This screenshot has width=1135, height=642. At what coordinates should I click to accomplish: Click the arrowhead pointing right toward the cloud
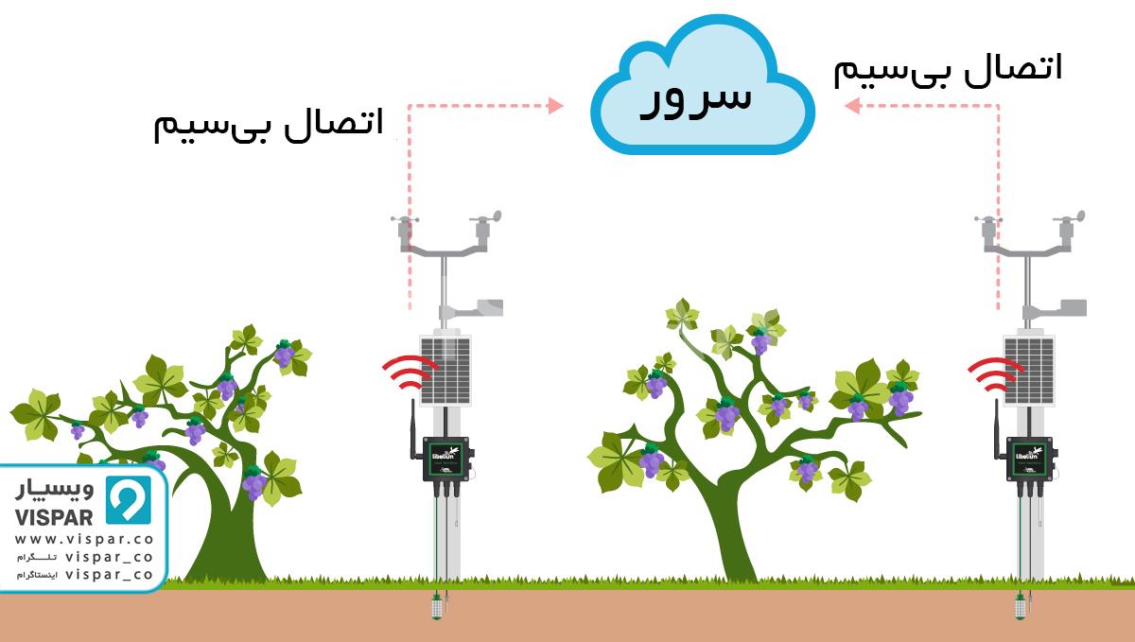click(555, 106)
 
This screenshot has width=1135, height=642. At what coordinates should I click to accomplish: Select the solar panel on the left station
click(445, 369)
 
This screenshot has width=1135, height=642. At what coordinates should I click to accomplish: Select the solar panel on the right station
click(1028, 369)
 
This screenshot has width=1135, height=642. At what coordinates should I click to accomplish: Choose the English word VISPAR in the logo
click(54, 517)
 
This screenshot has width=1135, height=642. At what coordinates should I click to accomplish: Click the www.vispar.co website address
click(84, 539)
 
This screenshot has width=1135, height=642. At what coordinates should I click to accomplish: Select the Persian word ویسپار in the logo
click(57, 491)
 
